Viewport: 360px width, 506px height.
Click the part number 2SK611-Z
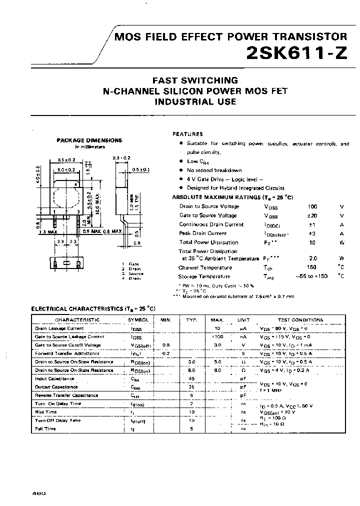pos(296,54)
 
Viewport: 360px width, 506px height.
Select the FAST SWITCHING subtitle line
pos(194,80)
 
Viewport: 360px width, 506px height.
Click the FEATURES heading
pos(187,134)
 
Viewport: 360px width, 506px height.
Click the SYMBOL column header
pos(138,320)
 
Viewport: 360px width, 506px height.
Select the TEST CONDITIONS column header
pos(300,320)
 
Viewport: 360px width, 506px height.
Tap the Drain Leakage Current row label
pos(59,328)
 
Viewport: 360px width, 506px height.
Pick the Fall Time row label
pos(45,428)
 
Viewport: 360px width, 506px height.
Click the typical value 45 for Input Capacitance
pos(191,378)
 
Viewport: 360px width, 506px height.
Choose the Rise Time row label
pos(46,412)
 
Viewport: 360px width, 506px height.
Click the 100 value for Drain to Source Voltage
pos(312,206)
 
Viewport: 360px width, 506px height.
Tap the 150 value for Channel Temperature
pos(312,267)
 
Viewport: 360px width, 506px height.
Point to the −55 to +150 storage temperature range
pos(311,276)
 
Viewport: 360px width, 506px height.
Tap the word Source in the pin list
pos(135,273)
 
